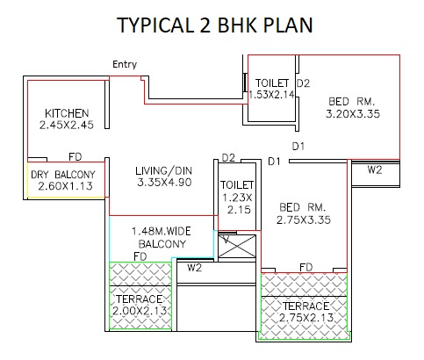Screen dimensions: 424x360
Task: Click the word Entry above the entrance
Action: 125,64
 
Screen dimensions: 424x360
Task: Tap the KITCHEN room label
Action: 67,113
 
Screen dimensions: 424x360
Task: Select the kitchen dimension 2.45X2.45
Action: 67,125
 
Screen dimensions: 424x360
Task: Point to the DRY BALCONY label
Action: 63,175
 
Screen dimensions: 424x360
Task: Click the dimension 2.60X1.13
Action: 65,186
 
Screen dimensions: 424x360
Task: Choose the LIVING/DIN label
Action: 164,170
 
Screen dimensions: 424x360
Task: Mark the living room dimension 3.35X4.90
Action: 164,183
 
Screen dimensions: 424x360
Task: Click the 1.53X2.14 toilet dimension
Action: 271,95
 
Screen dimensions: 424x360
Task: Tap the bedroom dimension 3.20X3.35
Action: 353,114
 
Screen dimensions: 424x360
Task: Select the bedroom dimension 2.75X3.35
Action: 304,220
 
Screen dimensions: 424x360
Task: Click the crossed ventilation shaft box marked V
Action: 237,246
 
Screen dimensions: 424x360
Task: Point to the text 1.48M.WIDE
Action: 162,232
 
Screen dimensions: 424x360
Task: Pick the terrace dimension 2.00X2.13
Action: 140,311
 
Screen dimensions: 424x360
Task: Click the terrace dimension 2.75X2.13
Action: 306,318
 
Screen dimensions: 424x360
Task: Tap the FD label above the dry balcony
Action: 75,157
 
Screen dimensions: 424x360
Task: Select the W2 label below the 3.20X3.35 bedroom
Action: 375,169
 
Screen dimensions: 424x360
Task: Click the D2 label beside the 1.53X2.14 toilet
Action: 303,83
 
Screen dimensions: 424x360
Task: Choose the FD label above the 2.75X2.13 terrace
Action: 306,267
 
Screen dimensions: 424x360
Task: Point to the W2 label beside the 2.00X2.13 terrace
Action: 195,268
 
